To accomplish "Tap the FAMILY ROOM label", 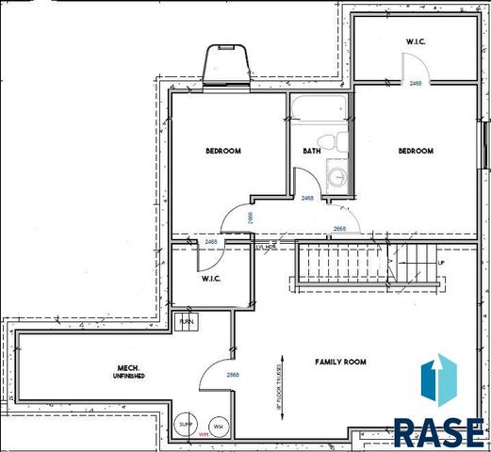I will tap(326, 362).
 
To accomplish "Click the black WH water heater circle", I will tap(219, 427).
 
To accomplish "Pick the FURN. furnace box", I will tap(187, 322).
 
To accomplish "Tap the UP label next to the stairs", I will tap(439, 263).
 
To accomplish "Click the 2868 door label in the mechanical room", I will tap(231, 375).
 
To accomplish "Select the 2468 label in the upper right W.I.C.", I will tap(416, 84).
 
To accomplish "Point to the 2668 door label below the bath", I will tap(339, 229).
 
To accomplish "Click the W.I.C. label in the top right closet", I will tap(417, 41).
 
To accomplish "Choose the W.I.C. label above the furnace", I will tap(210, 280).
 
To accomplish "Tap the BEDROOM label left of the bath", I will tap(224, 152).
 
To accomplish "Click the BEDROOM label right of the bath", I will tap(415, 152).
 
